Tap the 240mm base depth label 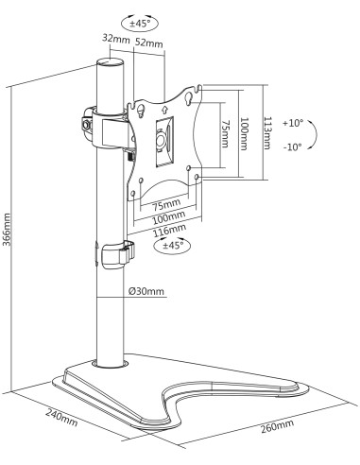point(61,418)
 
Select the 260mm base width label point(277,426)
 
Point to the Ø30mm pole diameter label point(146,291)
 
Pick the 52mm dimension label point(149,43)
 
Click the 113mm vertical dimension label point(267,133)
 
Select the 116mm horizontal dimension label point(169,230)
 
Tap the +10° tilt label point(293,123)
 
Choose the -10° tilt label point(293,146)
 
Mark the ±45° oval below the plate point(172,245)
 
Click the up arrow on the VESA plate point(163,110)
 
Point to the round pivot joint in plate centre point(162,139)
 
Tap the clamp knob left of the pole point(87,125)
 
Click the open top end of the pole point(110,61)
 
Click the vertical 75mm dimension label point(224,133)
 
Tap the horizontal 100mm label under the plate point(169,217)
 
